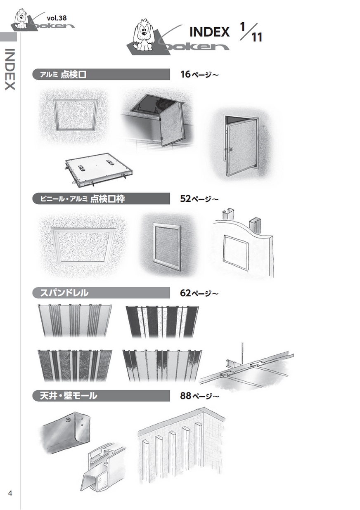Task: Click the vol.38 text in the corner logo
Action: (57, 18)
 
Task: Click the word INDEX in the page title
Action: (209, 32)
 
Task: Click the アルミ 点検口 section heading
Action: (63, 74)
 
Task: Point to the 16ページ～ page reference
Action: (199, 74)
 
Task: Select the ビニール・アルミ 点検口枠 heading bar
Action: (101, 198)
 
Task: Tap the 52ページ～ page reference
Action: (199, 198)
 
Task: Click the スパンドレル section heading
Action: (64, 293)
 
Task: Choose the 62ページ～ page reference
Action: (199, 293)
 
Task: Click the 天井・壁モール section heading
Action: (69, 396)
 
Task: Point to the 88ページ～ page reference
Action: (199, 396)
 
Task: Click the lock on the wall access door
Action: (231, 149)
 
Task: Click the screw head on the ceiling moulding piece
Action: (68, 420)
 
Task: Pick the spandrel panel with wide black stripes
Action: (162, 322)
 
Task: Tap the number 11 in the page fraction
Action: (256, 37)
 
